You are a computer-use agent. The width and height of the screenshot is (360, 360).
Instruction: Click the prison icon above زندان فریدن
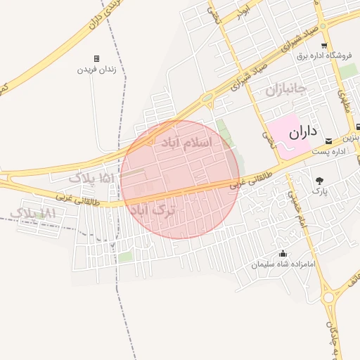pos(96,58)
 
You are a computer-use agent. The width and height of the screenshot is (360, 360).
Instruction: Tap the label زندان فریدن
pos(96,70)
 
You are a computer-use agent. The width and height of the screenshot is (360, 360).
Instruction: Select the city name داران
pos(303,131)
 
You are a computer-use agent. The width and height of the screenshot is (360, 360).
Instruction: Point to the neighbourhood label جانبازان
pos(287,90)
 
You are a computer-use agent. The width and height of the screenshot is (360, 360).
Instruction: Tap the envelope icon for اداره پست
pos(328,141)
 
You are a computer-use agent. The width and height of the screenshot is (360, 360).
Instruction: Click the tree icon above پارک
pos(320,181)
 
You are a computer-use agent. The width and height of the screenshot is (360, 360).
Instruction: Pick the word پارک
pos(320,191)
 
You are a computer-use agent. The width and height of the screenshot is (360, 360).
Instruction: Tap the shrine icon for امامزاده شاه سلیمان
pos(283,253)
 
